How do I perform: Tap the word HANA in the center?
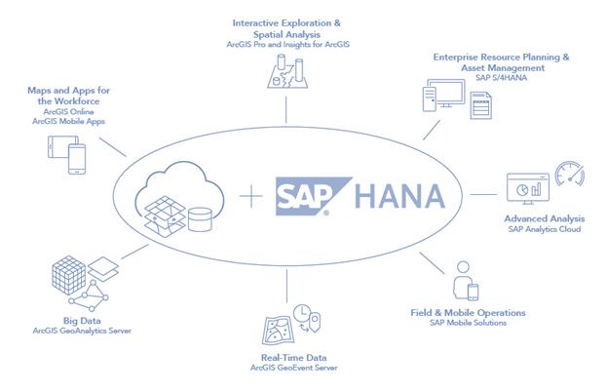pos(399,196)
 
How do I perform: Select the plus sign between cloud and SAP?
pos(250,196)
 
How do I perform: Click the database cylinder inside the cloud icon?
pos(200,219)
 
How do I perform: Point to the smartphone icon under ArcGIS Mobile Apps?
pos(77,159)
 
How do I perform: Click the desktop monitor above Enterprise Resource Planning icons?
pos(446,94)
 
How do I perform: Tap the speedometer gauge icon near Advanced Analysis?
pos(569,174)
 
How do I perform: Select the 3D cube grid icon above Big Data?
pos(69,275)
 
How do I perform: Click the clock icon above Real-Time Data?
pos(302,313)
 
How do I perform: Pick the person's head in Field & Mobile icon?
pos(463,267)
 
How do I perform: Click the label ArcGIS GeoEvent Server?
pos(294,368)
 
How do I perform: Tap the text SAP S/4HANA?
pos(502,78)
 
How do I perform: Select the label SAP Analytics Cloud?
pos(545,229)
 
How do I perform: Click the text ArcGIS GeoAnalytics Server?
pos(82,331)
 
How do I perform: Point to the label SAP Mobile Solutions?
pos(468,323)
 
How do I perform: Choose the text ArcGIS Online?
pos(68,111)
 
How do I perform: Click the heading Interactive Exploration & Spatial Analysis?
pos(286,28)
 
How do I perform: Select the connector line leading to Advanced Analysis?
pos(483,194)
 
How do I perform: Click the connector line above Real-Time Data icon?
pos(286,287)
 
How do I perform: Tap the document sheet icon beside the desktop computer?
pos(481,105)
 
